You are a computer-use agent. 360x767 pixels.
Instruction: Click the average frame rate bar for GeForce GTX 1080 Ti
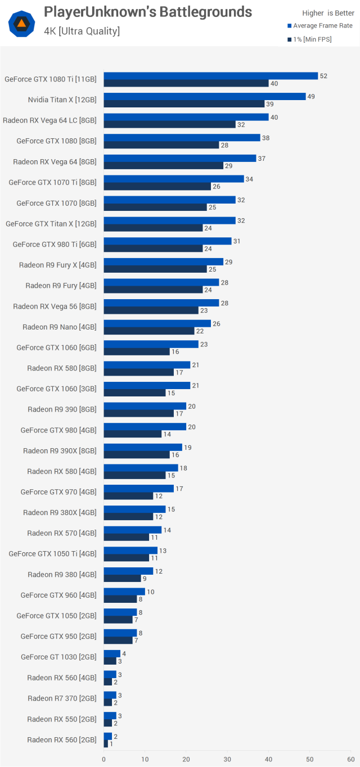click(211, 76)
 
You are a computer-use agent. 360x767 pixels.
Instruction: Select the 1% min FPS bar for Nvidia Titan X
click(184, 104)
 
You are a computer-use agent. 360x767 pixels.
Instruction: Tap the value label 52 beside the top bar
click(323, 76)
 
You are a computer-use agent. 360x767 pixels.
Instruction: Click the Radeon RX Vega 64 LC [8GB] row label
click(49, 120)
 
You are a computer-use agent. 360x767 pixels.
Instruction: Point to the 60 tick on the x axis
click(351, 759)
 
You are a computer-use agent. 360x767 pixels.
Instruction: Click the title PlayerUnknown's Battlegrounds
click(148, 12)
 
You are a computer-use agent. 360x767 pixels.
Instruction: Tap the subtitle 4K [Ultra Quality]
click(82, 31)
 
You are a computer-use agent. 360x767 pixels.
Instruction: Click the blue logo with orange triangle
click(21, 23)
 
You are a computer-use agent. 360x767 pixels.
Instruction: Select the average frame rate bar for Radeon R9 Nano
click(157, 323)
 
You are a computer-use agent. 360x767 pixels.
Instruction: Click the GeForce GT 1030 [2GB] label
click(58, 657)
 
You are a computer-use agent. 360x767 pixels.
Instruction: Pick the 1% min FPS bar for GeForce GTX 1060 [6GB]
click(137, 352)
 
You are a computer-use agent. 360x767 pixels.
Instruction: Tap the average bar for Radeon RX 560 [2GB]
click(107, 736)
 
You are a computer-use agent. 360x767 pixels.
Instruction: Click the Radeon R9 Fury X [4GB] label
click(57, 265)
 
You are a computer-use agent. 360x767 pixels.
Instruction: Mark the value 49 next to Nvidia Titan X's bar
click(311, 97)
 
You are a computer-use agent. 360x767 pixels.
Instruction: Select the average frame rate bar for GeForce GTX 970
click(138, 489)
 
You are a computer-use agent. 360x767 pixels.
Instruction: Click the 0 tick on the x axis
click(103, 759)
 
